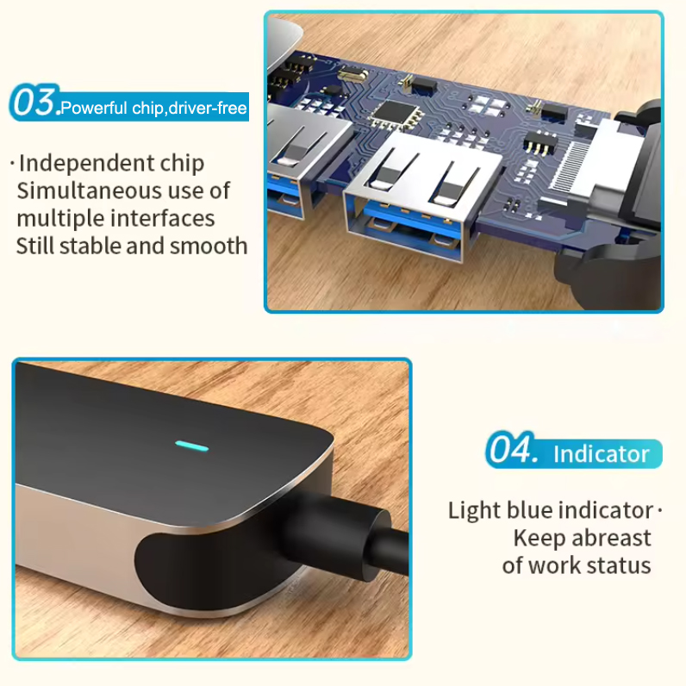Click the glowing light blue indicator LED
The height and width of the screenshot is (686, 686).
[191, 446]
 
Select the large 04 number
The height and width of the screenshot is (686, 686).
[510, 448]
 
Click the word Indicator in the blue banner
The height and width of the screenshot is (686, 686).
[602, 453]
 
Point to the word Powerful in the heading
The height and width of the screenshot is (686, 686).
[94, 108]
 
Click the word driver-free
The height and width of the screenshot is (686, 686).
[207, 108]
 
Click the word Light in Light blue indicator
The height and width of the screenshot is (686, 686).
[474, 511]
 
